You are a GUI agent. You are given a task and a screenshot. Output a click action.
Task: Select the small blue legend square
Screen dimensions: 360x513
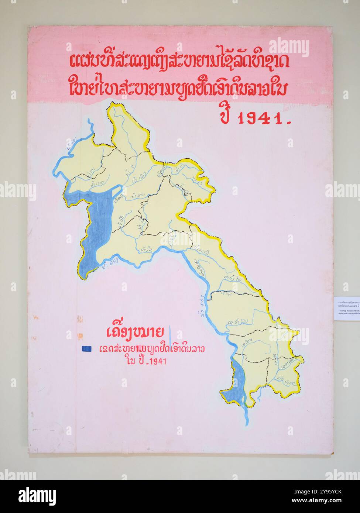coord(87,348)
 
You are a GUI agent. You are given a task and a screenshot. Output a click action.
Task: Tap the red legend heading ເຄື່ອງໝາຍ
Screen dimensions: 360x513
coord(134,332)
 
